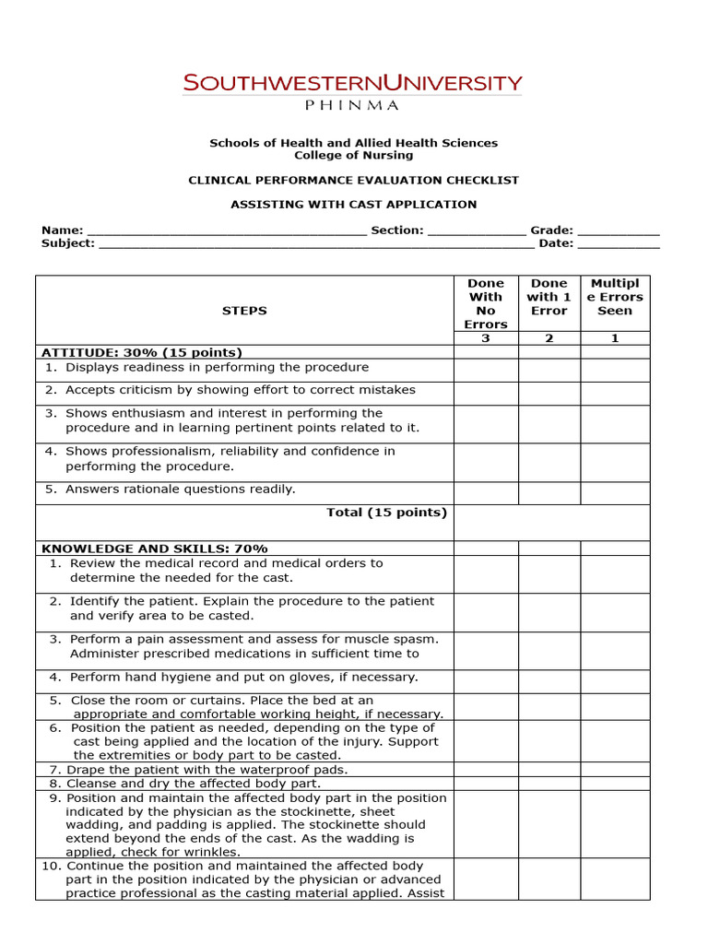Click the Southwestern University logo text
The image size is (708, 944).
pyautogui.click(x=353, y=84)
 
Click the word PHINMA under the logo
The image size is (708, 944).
pyautogui.click(x=352, y=105)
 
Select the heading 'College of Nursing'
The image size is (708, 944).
pyautogui.click(x=353, y=156)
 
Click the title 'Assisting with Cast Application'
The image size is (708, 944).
pyautogui.click(x=353, y=205)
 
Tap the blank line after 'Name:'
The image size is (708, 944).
pyautogui.click(x=226, y=231)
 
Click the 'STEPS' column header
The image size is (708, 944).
pyautogui.click(x=244, y=311)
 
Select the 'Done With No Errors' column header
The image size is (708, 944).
pyautogui.click(x=486, y=303)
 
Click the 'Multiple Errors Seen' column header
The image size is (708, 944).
pyautogui.click(x=615, y=297)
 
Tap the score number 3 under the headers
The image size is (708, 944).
pyautogui.click(x=486, y=338)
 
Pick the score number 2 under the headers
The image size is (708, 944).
pyautogui.click(x=549, y=338)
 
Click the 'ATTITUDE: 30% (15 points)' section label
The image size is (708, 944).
pyautogui.click(x=142, y=352)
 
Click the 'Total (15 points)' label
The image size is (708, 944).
pyautogui.click(x=386, y=513)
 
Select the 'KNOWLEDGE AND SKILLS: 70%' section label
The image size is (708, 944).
pyautogui.click(x=155, y=549)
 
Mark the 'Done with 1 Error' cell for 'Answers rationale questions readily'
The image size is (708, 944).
pyautogui.click(x=549, y=492)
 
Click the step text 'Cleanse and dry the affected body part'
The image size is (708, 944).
pyautogui.click(x=194, y=784)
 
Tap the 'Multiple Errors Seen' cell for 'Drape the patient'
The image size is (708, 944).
pyautogui.click(x=615, y=770)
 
